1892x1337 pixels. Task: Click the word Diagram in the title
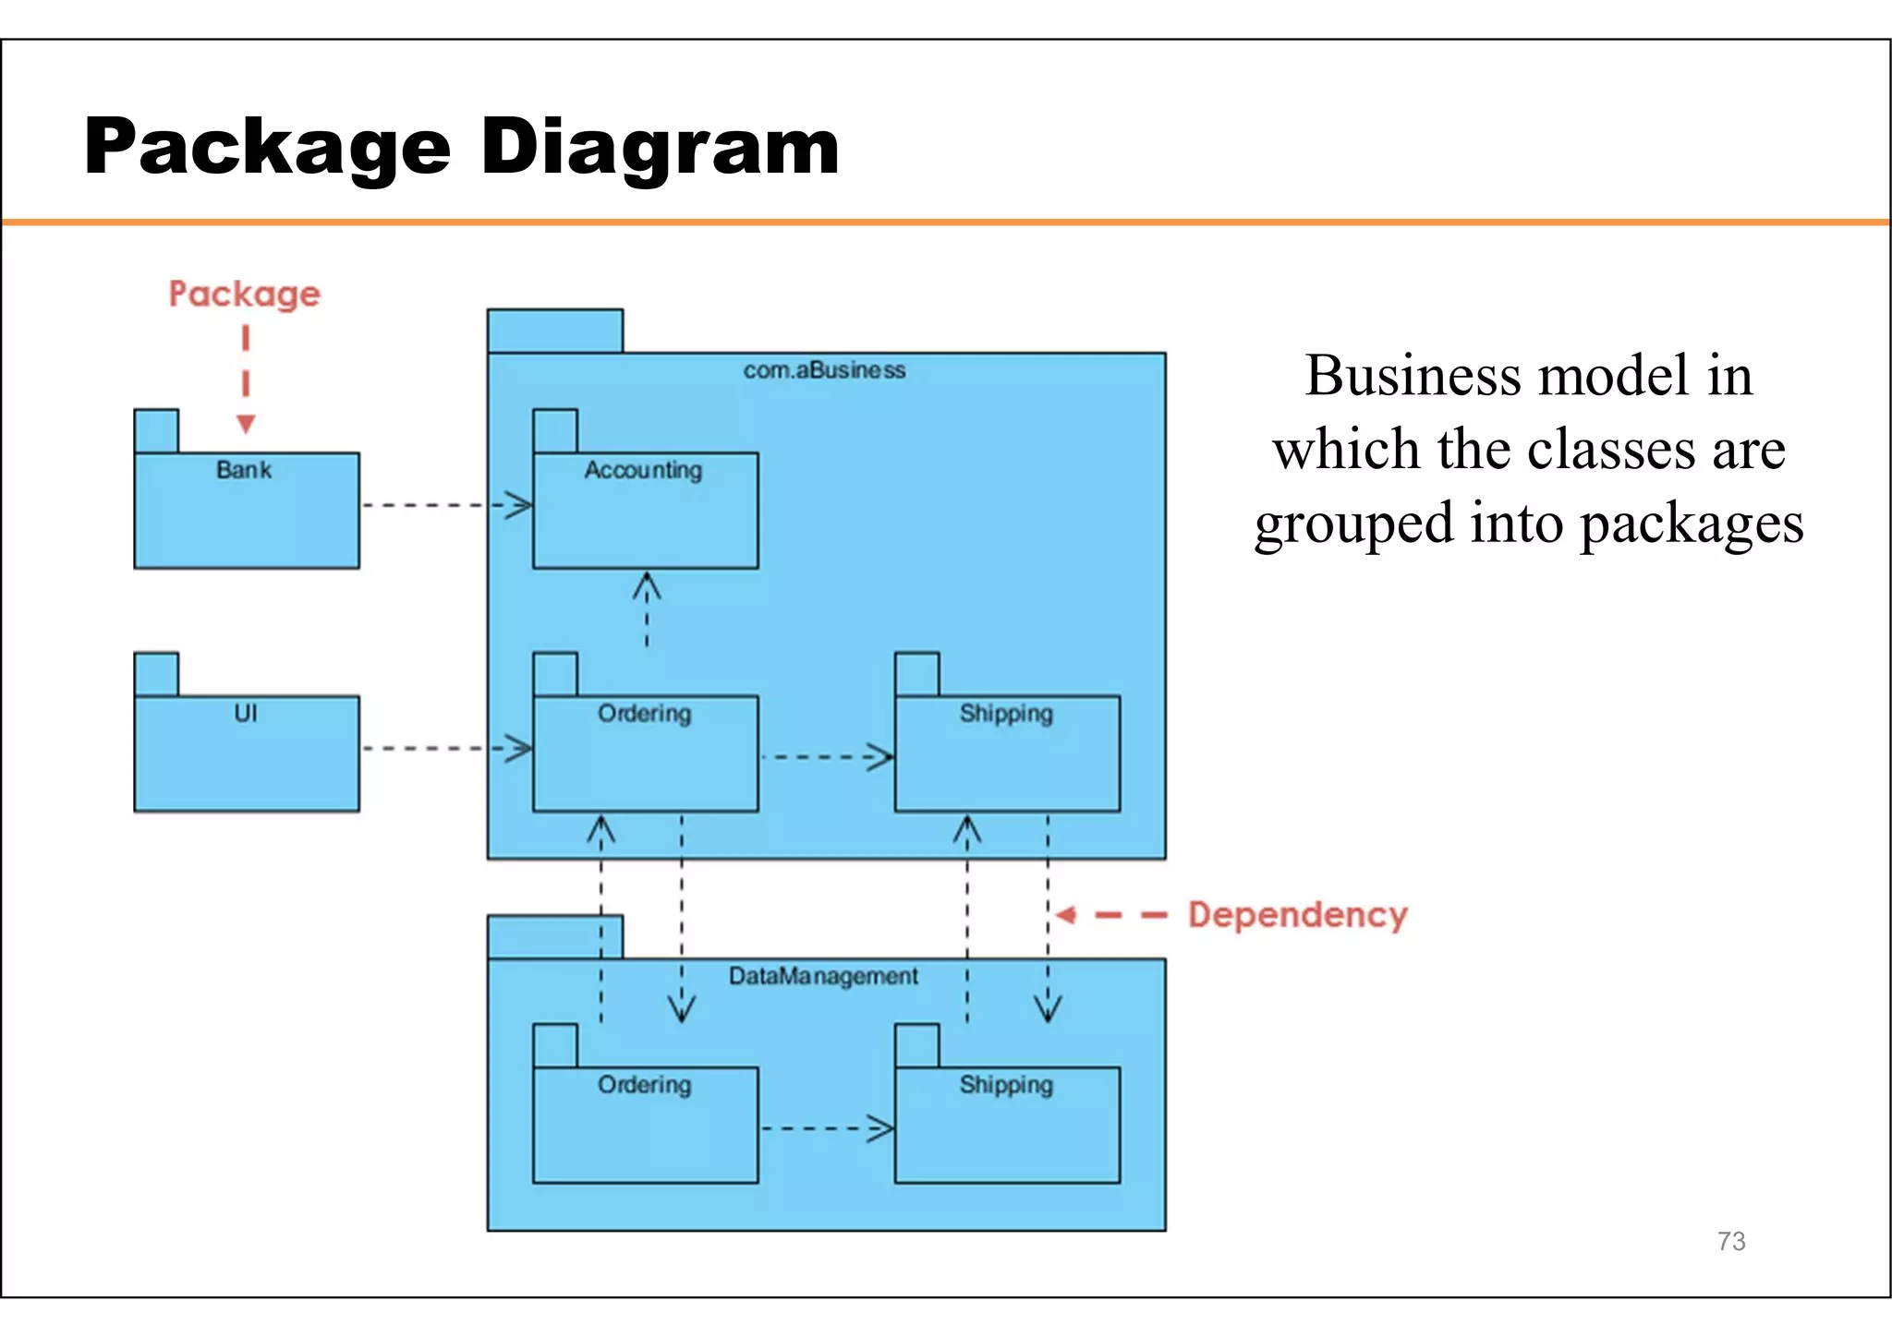tap(660, 148)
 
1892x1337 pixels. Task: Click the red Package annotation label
tap(244, 295)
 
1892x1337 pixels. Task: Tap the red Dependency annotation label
tap(1297, 915)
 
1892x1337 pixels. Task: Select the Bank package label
tap(244, 470)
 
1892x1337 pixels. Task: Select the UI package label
tap(246, 713)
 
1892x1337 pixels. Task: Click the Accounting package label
tap(643, 470)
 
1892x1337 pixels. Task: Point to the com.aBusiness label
tap(824, 370)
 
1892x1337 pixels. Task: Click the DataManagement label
tap(823, 976)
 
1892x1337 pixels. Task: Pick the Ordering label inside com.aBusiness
tap(644, 714)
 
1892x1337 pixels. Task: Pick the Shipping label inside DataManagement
tap(1006, 1085)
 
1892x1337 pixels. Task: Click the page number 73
tap(1731, 1241)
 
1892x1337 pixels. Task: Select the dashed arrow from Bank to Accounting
tap(443, 505)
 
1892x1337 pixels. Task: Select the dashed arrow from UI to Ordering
tap(443, 748)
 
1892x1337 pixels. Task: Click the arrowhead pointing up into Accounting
tap(647, 586)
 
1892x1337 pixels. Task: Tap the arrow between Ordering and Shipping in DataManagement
tap(825, 1128)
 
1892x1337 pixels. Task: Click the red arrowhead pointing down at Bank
tap(246, 424)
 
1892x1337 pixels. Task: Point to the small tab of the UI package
tap(156, 674)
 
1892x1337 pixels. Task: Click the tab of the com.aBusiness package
tap(555, 331)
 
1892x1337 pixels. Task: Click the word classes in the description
tap(1611, 450)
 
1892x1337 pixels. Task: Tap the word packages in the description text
tap(1692, 524)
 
